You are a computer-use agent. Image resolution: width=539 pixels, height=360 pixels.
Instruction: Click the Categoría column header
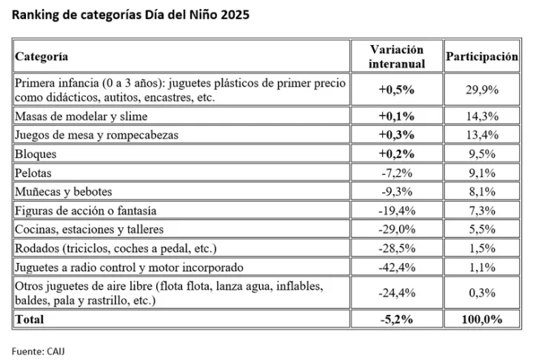tap(42, 56)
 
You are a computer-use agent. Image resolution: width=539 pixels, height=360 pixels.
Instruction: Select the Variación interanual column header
tap(396, 56)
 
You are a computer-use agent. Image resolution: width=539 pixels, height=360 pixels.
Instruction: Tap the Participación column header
tap(481, 56)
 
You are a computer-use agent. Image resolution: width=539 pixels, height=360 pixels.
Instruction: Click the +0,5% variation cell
tap(396, 90)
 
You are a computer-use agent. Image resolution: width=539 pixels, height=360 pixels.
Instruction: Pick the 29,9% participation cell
tap(481, 90)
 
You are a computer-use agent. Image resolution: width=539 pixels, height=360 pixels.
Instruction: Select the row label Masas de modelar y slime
tap(81, 116)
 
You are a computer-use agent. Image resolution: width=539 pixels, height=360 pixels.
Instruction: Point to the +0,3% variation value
tap(396, 135)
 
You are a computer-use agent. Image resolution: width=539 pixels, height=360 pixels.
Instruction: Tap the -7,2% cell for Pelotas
tap(396, 173)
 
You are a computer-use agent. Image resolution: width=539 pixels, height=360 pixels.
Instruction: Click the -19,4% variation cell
tap(396, 210)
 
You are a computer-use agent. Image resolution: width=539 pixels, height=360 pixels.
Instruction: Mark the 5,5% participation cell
tap(481, 230)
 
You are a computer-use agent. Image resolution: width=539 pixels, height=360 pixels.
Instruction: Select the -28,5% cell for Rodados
tap(396, 248)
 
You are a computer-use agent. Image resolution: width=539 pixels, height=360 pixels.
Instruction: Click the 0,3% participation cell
tap(481, 293)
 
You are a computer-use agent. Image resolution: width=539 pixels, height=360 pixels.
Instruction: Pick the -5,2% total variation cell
tap(396, 319)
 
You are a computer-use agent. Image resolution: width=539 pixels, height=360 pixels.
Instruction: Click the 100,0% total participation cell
tap(481, 319)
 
